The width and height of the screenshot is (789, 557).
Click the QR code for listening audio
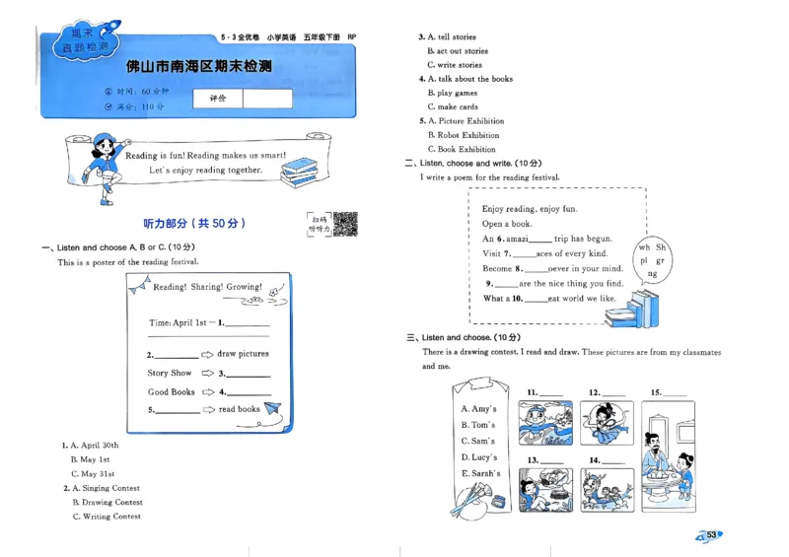[344, 224]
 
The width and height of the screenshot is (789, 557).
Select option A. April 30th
[94, 445]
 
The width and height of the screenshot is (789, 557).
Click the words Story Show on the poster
[170, 374]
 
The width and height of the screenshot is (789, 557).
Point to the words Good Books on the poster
[171, 392]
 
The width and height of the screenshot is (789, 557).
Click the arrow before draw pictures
[207, 354]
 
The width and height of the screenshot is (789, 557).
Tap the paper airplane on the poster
[272, 408]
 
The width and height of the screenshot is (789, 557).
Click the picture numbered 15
[668, 444]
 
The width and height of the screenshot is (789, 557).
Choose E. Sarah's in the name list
[480, 473]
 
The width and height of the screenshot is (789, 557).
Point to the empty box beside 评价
[267, 99]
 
